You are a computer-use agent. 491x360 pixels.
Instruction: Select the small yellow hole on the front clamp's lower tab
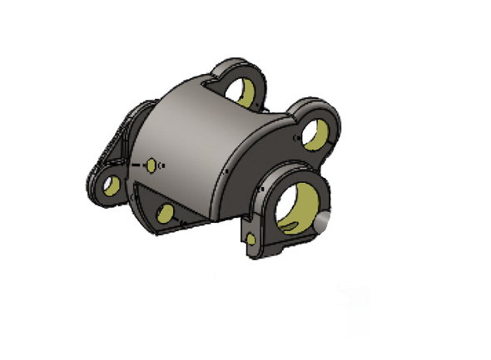pos(252,239)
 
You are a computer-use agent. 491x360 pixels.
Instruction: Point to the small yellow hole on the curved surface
pos(151,165)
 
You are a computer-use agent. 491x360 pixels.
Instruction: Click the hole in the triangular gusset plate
pos(165,214)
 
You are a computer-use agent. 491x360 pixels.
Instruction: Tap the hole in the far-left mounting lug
pos(109,185)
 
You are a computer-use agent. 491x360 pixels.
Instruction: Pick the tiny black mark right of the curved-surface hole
pos(162,165)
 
